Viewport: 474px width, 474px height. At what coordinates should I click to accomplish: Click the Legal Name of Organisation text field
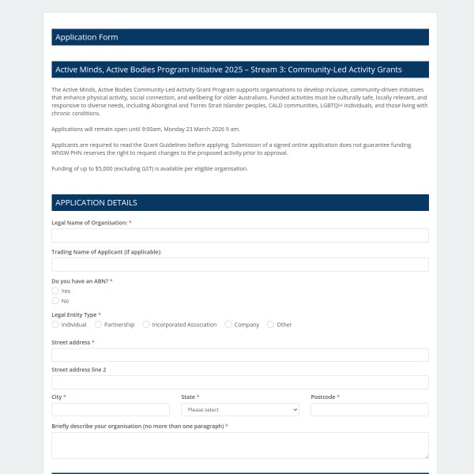(x=239, y=235)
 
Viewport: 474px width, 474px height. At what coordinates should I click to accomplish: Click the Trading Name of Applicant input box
(x=239, y=265)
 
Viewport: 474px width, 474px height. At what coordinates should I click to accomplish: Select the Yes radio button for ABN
(x=55, y=291)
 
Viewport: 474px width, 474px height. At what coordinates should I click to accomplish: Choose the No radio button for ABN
(x=55, y=300)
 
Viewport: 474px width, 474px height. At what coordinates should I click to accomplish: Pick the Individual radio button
(x=55, y=324)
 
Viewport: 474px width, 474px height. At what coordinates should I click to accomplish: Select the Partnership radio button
(x=98, y=324)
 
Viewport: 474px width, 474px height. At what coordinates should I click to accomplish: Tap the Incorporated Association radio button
(x=146, y=324)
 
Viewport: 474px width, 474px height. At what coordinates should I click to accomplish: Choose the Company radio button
(x=228, y=324)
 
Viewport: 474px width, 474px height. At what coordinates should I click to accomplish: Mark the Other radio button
(x=270, y=324)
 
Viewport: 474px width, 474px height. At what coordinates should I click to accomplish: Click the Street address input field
(x=239, y=355)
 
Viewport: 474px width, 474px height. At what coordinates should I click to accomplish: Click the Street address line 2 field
(x=239, y=382)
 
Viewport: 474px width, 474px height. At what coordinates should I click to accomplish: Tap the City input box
(x=111, y=409)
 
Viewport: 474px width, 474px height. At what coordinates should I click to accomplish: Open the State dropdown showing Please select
(x=239, y=409)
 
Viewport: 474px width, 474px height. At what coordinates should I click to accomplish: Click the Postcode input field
(x=369, y=409)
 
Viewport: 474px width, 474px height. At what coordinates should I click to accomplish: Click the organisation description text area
(x=239, y=445)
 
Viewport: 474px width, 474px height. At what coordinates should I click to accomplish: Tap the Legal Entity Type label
(x=73, y=314)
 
